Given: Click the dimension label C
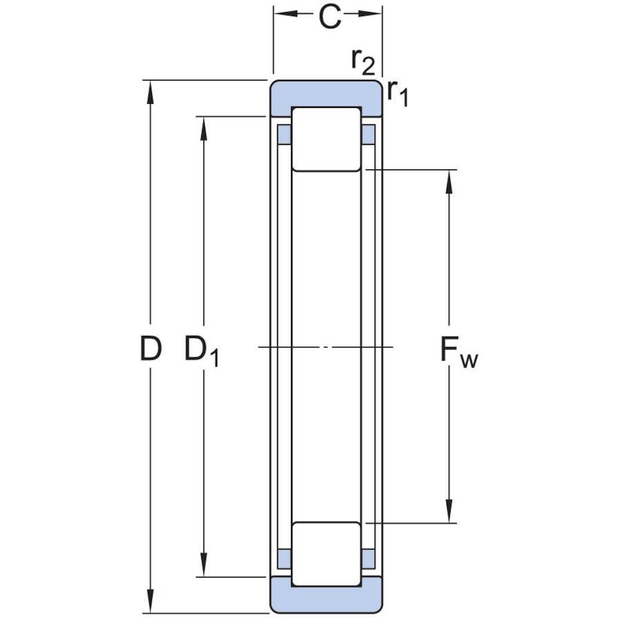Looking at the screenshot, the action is click(x=329, y=18).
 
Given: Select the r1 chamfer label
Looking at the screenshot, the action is click(x=398, y=94).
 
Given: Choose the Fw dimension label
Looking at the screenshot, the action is click(x=459, y=353).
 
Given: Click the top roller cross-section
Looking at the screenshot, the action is click(x=326, y=139).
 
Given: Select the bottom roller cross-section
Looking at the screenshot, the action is click(x=326, y=554).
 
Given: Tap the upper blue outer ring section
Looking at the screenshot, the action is click(x=326, y=94).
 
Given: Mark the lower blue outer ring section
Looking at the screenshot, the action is click(x=326, y=600).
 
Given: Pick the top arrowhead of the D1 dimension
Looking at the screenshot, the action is click(x=204, y=129).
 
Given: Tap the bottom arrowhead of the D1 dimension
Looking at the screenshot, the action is click(x=204, y=565).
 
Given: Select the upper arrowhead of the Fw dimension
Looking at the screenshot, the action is click(x=449, y=182).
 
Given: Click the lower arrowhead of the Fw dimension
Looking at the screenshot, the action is click(x=449, y=511).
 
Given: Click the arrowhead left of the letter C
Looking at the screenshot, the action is click(x=286, y=14).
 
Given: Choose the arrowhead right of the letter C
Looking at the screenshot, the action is click(x=370, y=14).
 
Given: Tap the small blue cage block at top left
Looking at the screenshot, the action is click(x=284, y=135).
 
